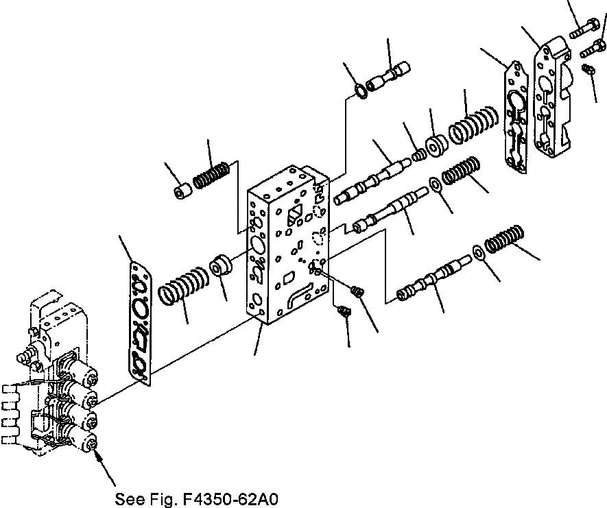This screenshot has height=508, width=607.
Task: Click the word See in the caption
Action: [x=128, y=498]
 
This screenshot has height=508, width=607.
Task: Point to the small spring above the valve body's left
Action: [x=211, y=174]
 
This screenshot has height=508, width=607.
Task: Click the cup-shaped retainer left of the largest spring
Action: [x=436, y=145]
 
